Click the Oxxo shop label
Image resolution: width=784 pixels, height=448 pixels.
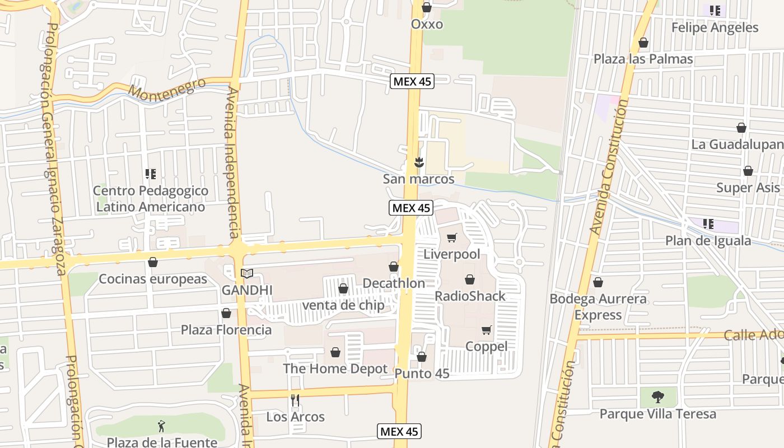tap(427, 24)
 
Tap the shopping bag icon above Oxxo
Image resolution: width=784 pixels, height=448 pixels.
tap(427, 7)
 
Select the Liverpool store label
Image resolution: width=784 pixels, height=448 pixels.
tap(451, 254)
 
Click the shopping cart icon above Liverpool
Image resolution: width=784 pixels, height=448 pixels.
tap(452, 237)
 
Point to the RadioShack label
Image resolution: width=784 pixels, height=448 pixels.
tap(470, 296)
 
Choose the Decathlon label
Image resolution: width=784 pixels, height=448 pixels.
tap(394, 283)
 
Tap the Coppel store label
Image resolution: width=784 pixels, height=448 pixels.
tap(487, 347)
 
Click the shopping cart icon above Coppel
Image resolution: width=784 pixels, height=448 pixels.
tap(486, 330)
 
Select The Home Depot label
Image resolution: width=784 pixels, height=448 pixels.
tap(335, 368)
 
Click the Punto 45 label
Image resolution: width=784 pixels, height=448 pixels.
tap(422, 374)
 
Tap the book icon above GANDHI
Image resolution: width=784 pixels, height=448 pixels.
tap(247, 274)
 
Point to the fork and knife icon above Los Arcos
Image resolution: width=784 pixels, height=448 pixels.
tap(296, 400)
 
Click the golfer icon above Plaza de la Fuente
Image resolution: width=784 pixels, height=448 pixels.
tap(162, 426)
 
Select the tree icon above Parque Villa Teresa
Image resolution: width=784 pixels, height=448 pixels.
tap(658, 397)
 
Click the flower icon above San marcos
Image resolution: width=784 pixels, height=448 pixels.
tap(418, 162)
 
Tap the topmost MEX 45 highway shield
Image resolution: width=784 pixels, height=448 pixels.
tap(412, 81)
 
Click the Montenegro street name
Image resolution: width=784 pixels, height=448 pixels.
tap(167, 88)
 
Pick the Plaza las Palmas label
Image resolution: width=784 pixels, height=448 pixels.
tap(643, 59)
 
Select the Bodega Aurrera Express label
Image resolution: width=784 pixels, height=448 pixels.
tap(598, 306)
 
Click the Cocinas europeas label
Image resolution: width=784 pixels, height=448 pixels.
tap(153, 279)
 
